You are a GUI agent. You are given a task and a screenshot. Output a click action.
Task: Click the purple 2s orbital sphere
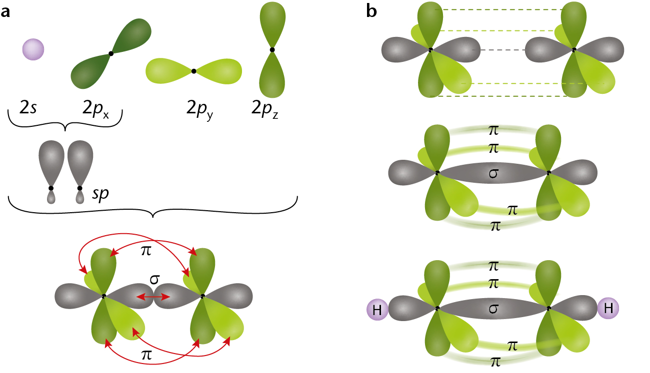tap(33, 49)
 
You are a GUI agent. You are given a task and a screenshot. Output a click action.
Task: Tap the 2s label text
tap(28, 107)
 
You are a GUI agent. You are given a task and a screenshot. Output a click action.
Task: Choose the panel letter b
tap(371, 11)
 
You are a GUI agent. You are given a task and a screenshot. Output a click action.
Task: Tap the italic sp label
tap(100, 193)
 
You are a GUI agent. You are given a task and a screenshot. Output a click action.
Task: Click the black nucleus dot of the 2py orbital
tap(194, 71)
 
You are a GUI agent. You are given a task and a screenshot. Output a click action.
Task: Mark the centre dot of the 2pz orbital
tap(272, 49)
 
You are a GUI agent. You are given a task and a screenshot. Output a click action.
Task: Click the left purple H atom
tap(377, 310)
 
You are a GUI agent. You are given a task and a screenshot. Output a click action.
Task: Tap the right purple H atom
tap(608, 308)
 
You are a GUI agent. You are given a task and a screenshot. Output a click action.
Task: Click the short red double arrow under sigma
tap(153, 297)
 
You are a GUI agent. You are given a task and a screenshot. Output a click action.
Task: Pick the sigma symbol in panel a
tap(154, 280)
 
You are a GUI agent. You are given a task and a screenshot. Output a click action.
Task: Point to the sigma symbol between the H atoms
tap(493, 309)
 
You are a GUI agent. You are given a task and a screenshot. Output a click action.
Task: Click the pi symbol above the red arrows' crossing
tap(146, 251)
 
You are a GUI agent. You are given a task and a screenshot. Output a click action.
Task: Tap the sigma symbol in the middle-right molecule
tap(493, 173)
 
